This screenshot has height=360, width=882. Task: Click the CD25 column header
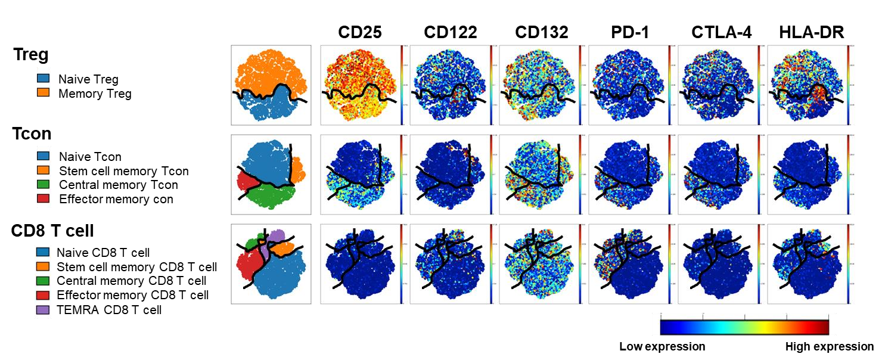(360, 33)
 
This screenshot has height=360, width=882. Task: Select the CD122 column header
(451, 33)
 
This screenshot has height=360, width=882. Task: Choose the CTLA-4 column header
(721, 33)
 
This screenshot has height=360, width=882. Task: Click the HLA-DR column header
(812, 33)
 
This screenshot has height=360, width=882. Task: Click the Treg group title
(31, 55)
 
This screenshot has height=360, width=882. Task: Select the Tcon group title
(32, 135)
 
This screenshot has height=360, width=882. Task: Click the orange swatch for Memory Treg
(43, 94)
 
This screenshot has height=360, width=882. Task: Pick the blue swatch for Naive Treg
(43, 79)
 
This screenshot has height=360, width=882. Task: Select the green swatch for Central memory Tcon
(43, 185)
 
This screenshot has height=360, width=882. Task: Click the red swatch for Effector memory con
(43, 199)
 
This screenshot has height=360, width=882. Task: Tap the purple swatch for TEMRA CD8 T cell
(43, 310)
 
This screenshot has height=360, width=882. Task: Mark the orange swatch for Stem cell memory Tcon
(43, 171)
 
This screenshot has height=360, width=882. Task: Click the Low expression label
(662, 346)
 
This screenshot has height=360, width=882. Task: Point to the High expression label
(830, 346)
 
